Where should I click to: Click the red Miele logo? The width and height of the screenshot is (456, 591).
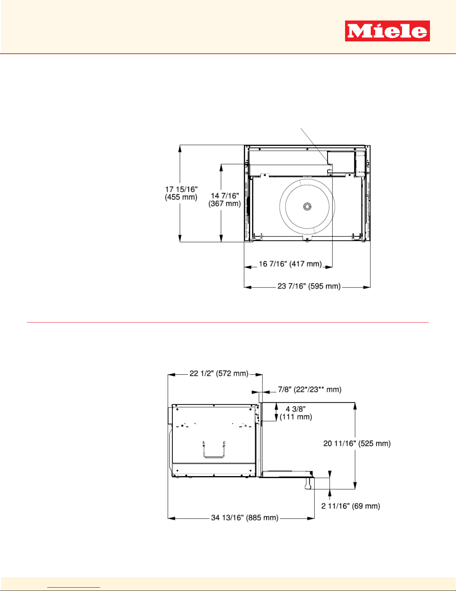coord(388,31)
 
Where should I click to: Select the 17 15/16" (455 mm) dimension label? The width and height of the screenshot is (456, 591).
coord(181,193)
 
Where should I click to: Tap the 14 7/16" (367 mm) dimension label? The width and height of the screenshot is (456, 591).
coord(225,199)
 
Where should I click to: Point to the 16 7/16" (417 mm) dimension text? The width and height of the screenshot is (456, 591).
coord(290,264)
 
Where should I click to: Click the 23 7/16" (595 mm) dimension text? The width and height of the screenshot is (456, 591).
coord(309,286)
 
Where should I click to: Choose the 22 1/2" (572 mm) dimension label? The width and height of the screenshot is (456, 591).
coord(219,373)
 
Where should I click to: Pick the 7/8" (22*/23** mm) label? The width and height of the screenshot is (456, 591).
coord(310,390)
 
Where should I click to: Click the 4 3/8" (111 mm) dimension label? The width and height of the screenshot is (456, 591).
coord(296,413)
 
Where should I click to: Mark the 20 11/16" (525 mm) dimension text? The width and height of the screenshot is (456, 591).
coord(357,443)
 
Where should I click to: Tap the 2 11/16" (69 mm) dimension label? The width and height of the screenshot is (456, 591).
coord(351,506)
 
